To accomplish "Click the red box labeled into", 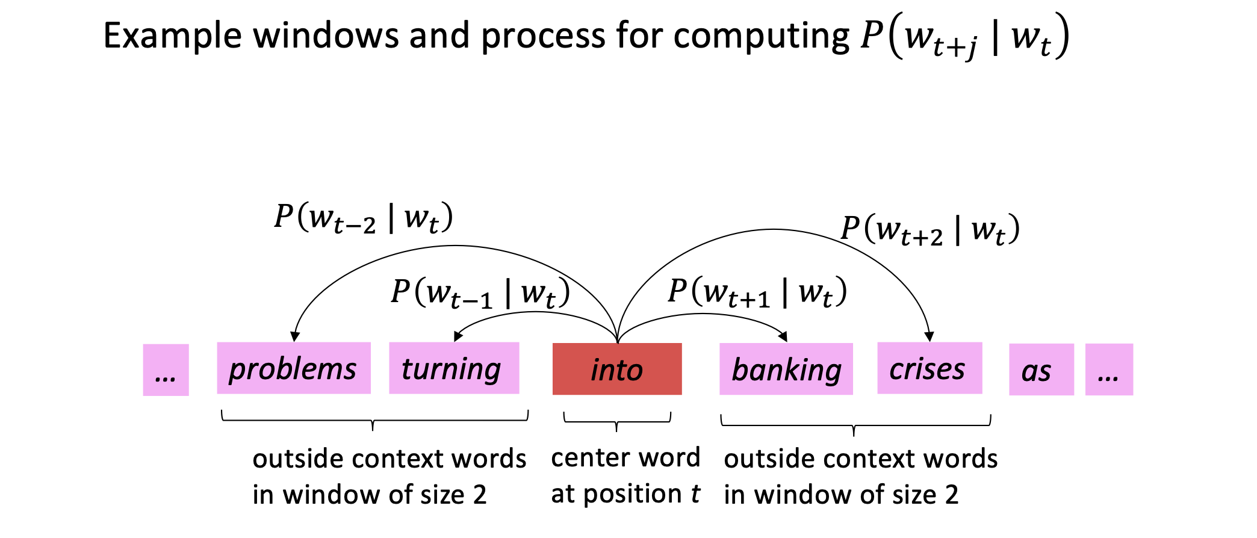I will tap(617, 369).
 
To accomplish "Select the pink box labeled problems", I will tap(294, 368).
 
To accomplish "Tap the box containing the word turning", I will tap(454, 368).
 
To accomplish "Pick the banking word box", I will tap(786, 369).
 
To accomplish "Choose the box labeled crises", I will tap(930, 368).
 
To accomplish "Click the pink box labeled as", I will tap(1041, 369).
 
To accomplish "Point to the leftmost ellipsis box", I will tap(166, 369).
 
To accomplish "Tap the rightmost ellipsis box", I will tap(1109, 369).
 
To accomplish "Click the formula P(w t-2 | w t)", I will tap(364, 218).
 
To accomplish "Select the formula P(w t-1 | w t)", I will tap(480, 293).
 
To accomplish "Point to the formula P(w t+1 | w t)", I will tap(757, 292).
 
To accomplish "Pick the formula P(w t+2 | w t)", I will tap(930, 230).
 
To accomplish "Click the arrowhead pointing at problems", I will tap(294, 336).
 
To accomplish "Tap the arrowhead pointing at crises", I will tap(930, 336).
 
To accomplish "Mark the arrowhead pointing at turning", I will tap(458, 336).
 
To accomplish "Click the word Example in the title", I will tap(172, 36).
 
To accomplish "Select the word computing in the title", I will tap(761, 36).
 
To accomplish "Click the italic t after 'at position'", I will tap(695, 494).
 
